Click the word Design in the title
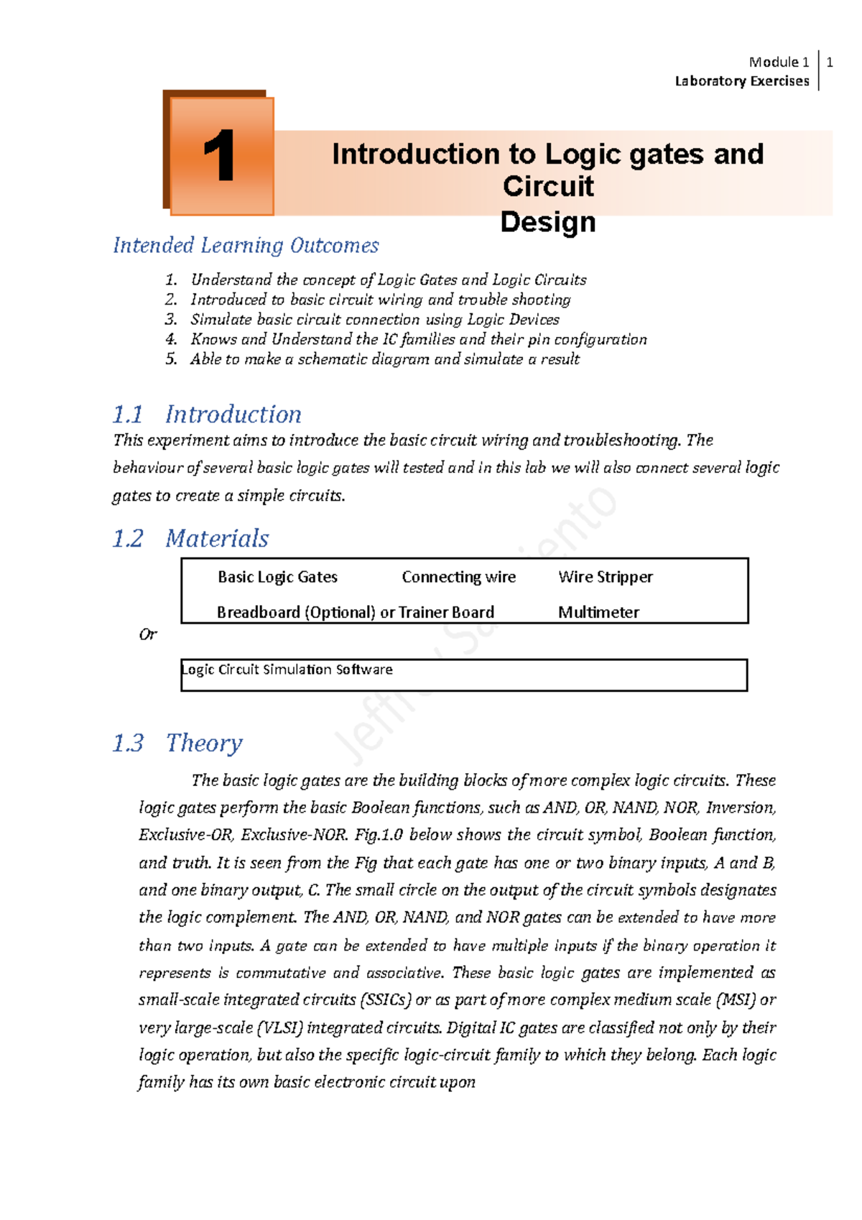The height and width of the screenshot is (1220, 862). tap(547, 222)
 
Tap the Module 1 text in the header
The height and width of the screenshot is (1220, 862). tap(779, 63)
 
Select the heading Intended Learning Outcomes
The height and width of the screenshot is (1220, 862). tap(246, 246)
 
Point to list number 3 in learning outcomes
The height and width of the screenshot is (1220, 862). tap(171, 320)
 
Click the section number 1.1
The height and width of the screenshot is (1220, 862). tap(128, 415)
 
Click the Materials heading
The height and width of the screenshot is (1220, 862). tap(217, 539)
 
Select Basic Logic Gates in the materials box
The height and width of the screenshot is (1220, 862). tap(277, 577)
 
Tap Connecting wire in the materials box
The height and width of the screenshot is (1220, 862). tap(458, 577)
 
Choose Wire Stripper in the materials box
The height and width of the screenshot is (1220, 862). tap(605, 577)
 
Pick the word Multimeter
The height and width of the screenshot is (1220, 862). tap(598, 612)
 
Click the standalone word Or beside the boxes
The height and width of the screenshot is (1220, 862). tap(147, 634)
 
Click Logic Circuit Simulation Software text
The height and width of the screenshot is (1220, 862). tap(287, 670)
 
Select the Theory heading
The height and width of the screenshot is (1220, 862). tap(204, 743)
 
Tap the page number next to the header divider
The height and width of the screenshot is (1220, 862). tap(830, 63)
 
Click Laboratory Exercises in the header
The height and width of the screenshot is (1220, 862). tap(741, 81)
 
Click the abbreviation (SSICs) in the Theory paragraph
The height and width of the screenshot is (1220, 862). tap(386, 1000)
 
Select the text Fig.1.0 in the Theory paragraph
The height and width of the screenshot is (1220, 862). tap(379, 835)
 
